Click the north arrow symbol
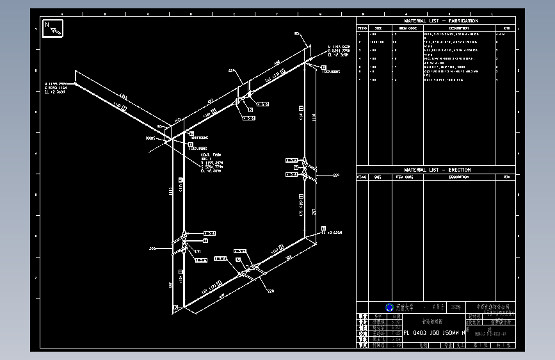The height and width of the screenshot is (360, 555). tap(52, 29)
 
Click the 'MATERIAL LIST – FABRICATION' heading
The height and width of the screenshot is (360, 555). tap(441, 21)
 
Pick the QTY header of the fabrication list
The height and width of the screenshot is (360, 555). tap(506, 28)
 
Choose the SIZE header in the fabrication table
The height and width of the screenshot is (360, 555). tap(378, 28)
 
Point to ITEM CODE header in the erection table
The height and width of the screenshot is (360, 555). tap(405, 177)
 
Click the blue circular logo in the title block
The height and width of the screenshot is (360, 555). tap(389, 307)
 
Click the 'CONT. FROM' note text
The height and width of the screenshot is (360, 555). tap(211, 155)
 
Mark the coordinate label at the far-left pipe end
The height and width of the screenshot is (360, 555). tap(56, 88)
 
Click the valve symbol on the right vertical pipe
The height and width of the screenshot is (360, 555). tap(306, 168)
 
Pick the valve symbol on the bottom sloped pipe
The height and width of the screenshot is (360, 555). tap(250, 269)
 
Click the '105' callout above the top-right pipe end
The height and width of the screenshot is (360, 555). tap(296, 33)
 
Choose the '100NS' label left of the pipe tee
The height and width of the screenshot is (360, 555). tap(151, 138)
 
